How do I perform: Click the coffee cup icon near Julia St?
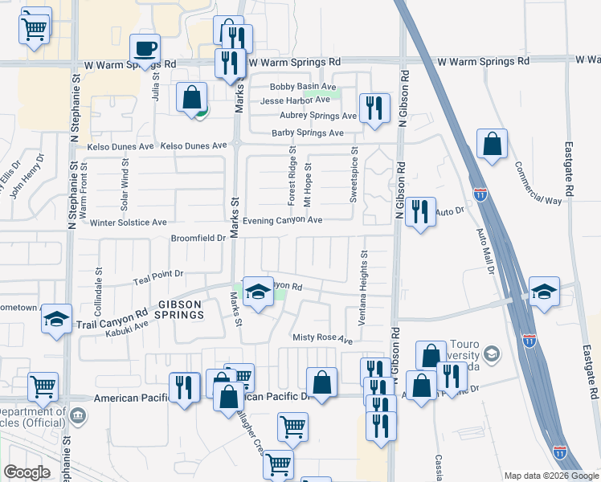click(x=145, y=48)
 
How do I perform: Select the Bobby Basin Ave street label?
click(x=303, y=87)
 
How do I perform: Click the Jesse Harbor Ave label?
click(x=295, y=100)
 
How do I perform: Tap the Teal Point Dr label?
click(x=159, y=274)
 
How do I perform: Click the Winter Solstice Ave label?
click(x=129, y=223)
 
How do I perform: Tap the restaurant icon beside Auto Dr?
click(x=420, y=213)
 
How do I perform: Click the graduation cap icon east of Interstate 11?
click(x=544, y=292)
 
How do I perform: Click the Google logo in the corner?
click(x=27, y=472)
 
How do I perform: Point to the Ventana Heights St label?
click(x=363, y=272)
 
